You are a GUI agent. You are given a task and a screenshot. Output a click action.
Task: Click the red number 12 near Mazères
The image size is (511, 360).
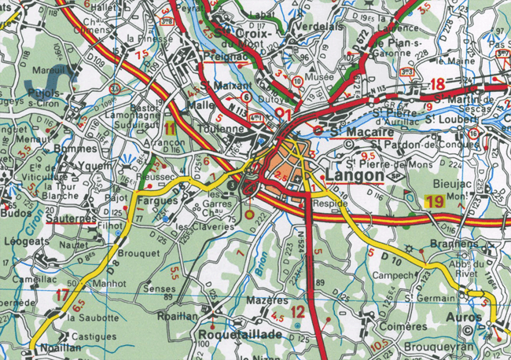pyautogui.click(x=297, y=313)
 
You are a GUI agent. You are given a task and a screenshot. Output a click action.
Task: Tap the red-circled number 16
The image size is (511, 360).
pyautogui.click(x=473, y=134)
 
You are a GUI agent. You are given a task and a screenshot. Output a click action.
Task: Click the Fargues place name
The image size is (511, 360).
pyautogui.click(x=156, y=200)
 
